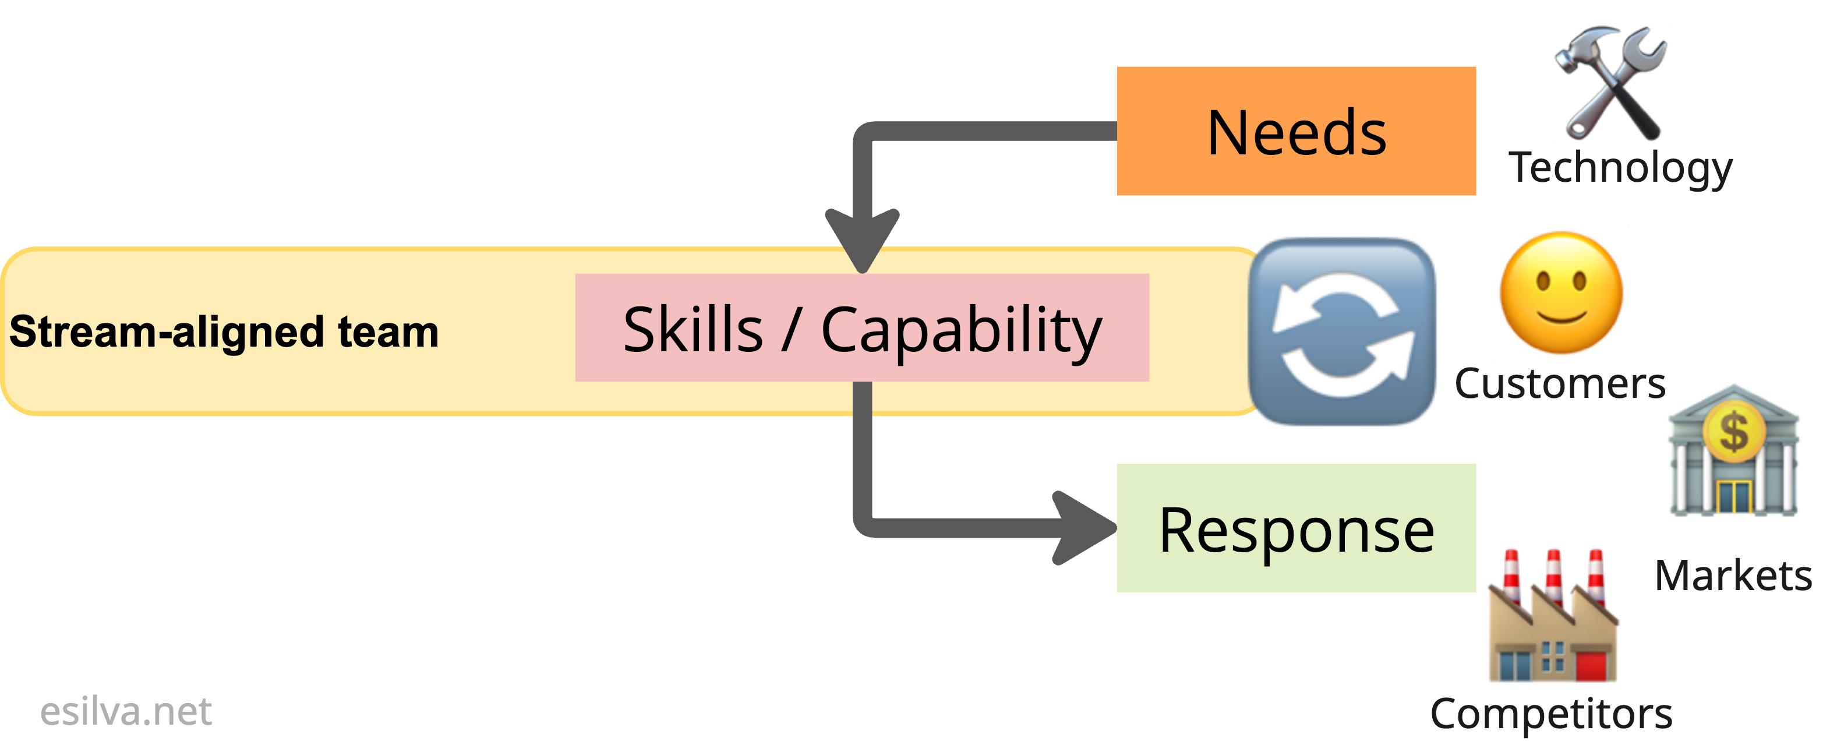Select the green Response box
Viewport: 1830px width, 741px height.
tap(1296, 528)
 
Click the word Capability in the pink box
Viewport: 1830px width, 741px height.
tap(960, 330)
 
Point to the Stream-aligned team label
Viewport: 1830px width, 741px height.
tap(224, 332)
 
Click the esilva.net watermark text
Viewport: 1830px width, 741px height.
tap(126, 711)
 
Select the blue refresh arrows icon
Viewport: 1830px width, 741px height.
tap(1342, 332)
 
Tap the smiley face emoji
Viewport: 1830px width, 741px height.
tap(1561, 292)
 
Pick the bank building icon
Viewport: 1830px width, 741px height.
tap(1733, 451)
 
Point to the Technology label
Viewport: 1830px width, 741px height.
tap(1620, 168)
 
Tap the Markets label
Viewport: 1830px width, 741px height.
tap(1733, 576)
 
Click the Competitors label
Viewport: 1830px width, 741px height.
tap(1551, 712)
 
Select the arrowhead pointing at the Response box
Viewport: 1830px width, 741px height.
tap(1083, 528)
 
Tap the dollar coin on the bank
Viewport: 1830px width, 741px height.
tap(1733, 431)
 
